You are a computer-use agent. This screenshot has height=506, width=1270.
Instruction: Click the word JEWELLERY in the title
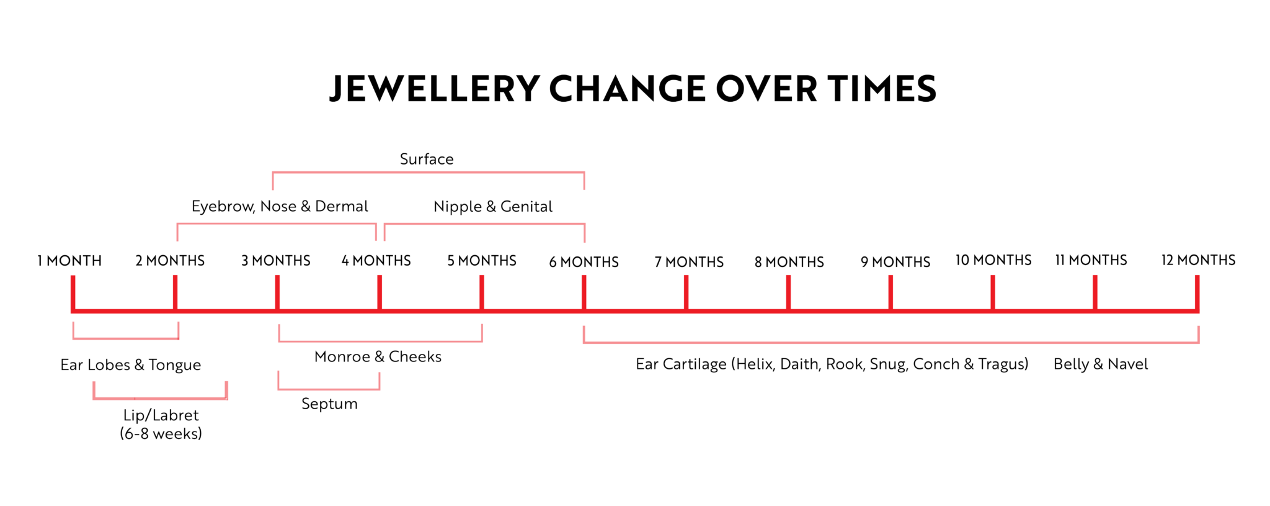(x=434, y=89)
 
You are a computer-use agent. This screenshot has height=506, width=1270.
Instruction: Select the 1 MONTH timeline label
(x=69, y=261)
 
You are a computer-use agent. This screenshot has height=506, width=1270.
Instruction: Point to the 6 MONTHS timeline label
(x=584, y=262)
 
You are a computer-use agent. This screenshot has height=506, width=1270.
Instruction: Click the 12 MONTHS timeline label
(x=1198, y=260)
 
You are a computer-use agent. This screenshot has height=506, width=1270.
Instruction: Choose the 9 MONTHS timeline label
(x=895, y=262)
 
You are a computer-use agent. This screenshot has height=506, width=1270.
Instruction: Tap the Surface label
(x=427, y=159)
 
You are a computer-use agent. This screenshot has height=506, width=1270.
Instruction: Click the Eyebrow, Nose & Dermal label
(x=280, y=206)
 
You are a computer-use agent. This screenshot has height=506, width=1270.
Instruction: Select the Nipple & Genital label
(x=493, y=206)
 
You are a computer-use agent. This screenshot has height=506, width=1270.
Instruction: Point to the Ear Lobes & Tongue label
(x=130, y=365)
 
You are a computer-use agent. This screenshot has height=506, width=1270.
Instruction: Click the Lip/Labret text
(x=161, y=415)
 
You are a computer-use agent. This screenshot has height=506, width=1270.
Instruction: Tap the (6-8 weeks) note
(x=161, y=433)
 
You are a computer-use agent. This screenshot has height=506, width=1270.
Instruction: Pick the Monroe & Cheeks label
(x=378, y=356)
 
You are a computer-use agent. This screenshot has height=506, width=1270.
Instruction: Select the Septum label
(x=329, y=404)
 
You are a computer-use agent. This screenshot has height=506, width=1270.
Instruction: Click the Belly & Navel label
(x=1101, y=364)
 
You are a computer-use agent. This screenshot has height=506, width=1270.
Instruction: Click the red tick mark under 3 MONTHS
(x=277, y=292)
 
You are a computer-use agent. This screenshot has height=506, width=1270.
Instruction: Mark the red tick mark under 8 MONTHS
(x=788, y=292)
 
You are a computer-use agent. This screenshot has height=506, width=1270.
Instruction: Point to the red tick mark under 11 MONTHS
(x=1095, y=292)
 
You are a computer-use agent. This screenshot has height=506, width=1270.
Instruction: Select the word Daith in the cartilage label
(x=799, y=364)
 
